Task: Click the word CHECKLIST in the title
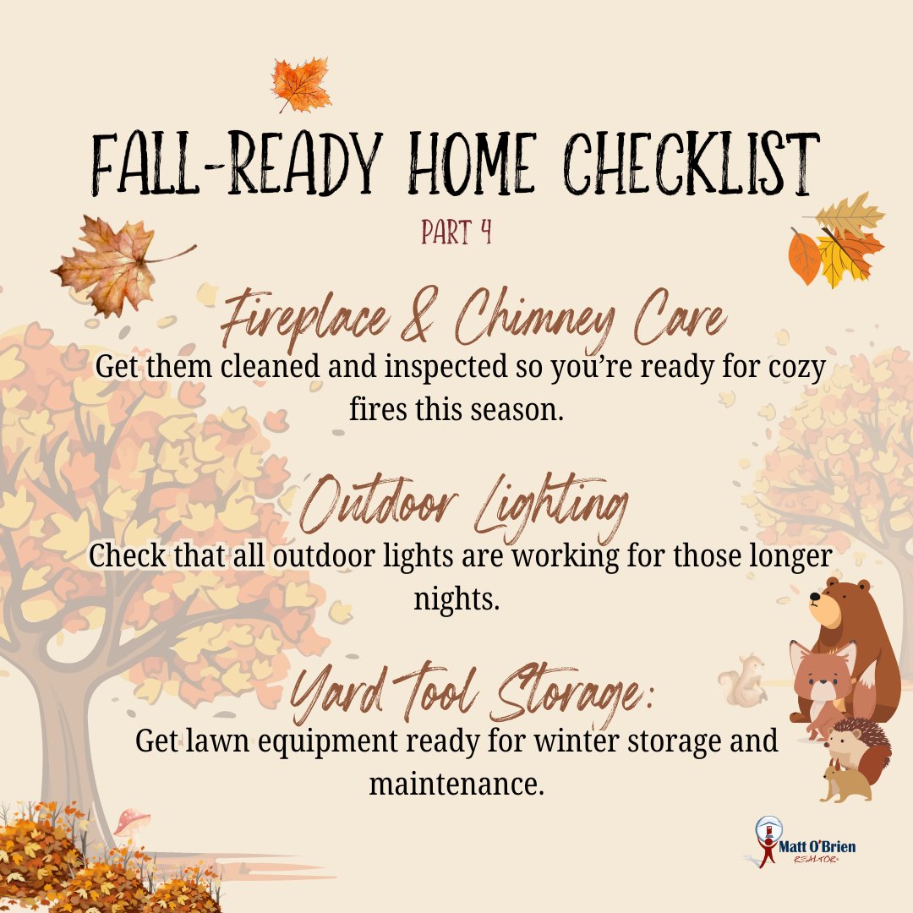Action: tap(692, 164)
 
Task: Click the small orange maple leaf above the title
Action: tap(300, 85)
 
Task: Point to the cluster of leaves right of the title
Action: tap(838, 240)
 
